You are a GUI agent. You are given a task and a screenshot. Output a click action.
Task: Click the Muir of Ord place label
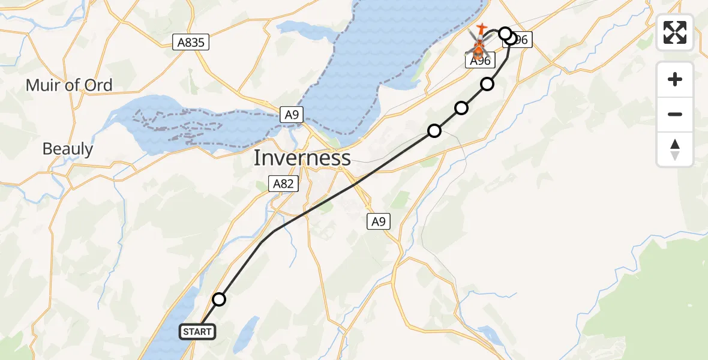click(x=69, y=85)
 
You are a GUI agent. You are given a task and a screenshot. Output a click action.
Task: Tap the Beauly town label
click(x=68, y=149)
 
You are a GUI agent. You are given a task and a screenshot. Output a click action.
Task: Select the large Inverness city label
click(x=302, y=158)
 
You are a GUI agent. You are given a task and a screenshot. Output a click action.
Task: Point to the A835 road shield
click(x=191, y=42)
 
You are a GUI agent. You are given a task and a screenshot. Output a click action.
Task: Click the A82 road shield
click(x=283, y=184)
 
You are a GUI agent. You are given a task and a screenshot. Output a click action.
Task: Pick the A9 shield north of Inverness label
click(x=291, y=115)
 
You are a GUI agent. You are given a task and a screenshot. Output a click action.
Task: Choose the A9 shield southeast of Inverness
click(x=378, y=222)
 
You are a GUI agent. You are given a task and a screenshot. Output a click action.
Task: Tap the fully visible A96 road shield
click(x=479, y=61)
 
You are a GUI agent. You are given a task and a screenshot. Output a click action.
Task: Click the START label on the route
click(x=197, y=331)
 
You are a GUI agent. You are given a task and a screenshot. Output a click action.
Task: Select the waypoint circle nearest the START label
click(x=219, y=299)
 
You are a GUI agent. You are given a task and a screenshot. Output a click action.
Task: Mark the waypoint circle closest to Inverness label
click(x=434, y=130)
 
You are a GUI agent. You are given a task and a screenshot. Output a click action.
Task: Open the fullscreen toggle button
click(x=675, y=32)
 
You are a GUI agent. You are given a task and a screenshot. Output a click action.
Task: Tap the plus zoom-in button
click(x=675, y=79)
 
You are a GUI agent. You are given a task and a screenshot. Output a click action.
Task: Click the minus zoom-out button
click(x=675, y=114)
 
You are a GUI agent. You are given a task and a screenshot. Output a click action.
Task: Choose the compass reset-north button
click(x=675, y=149)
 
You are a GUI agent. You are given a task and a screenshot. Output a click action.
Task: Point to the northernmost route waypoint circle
click(x=505, y=33)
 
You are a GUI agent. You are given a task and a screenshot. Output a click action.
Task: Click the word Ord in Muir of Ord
click(x=98, y=85)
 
